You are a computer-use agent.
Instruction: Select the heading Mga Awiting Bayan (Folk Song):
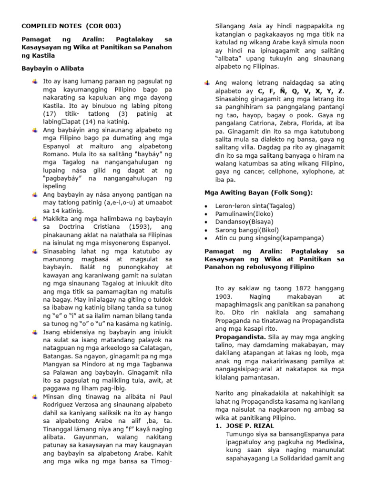(x=259, y=193)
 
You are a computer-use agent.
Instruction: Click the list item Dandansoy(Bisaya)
(x=244, y=222)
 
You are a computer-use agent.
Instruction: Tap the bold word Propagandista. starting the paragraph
(x=237, y=336)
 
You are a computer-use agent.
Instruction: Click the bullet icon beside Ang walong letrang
(x=206, y=83)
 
